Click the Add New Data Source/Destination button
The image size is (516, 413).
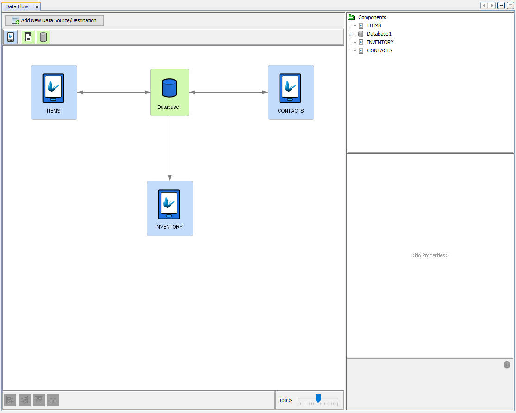[x=54, y=20]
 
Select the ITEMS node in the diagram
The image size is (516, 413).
[x=54, y=92]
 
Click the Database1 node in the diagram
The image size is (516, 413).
[x=169, y=92]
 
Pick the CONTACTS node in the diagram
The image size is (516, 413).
[x=291, y=92]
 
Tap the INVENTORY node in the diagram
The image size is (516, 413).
[x=169, y=208]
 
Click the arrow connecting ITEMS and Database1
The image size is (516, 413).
[x=113, y=92]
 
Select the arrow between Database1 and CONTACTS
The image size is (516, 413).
[x=229, y=92]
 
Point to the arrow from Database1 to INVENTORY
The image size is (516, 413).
[x=170, y=148]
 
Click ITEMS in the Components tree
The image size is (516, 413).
[x=374, y=25]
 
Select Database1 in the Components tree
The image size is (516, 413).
[x=379, y=34]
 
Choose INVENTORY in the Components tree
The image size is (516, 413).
[x=380, y=42]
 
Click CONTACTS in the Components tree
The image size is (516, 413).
[x=379, y=50]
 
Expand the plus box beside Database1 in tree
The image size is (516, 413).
[x=351, y=34]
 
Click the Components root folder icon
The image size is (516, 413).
[x=351, y=17]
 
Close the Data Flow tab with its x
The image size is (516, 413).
[x=37, y=7]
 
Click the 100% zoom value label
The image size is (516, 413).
[x=286, y=400]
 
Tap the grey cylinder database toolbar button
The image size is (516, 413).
[x=43, y=37]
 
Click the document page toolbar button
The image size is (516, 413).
[x=28, y=37]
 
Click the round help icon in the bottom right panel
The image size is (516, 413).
[x=507, y=364]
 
